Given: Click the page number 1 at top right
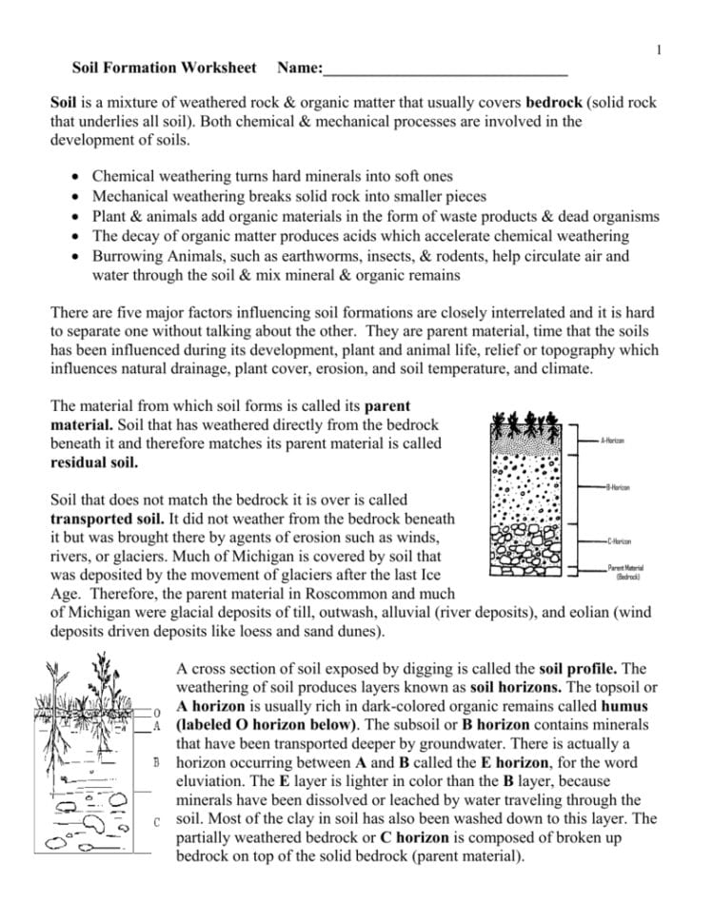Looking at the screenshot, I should [x=659, y=49].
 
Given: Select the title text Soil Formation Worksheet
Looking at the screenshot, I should [x=165, y=69].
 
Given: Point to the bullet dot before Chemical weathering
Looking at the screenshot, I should [x=77, y=177].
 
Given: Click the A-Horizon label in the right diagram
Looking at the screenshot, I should [x=613, y=442].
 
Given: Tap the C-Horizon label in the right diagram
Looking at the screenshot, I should [x=619, y=540].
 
